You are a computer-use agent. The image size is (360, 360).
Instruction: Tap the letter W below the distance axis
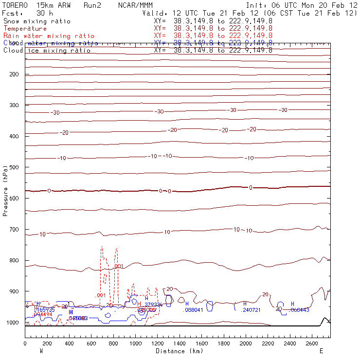tap(41, 351)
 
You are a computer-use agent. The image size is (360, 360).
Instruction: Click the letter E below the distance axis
tap(321, 351)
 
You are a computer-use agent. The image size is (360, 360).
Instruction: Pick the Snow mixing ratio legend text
tap(37, 21)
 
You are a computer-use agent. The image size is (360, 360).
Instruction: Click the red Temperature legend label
tap(25, 29)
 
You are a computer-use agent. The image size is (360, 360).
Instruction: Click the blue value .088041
tap(194, 310)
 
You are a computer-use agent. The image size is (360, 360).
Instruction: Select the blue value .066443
tap(300, 310)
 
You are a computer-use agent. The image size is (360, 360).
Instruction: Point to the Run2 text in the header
tap(92, 5)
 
